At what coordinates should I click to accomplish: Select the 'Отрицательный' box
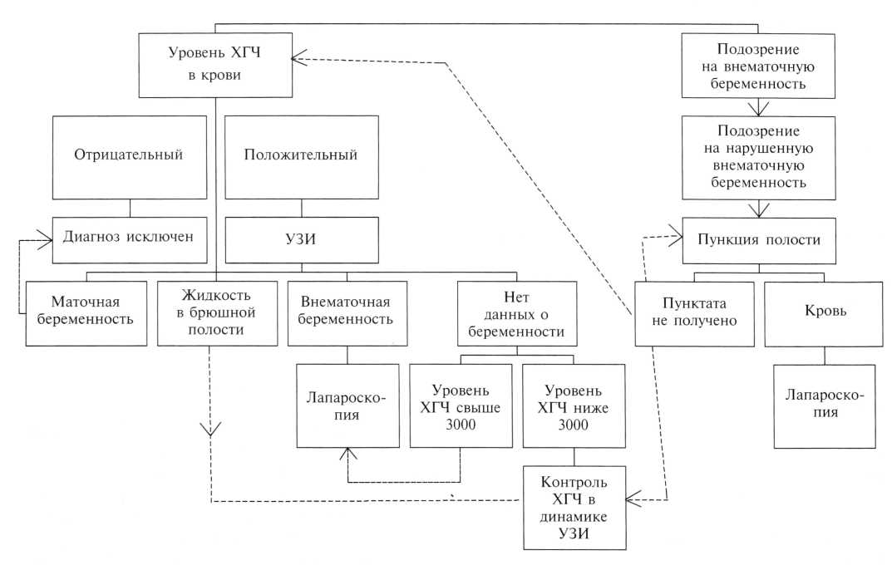pos(128,156)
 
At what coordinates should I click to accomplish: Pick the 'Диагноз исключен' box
pos(128,236)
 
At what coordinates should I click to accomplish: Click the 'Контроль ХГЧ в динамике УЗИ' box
pos(574,508)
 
